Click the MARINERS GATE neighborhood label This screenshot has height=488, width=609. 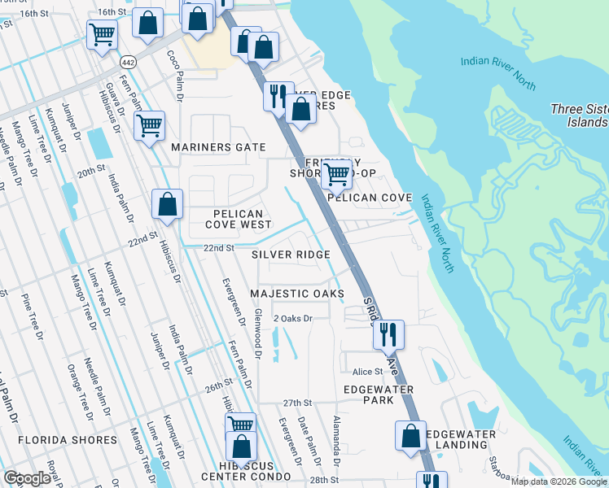pos(218,147)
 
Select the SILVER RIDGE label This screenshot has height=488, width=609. pos(291,255)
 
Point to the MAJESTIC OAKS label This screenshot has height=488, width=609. pos(296,293)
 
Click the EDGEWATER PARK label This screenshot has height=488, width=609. pos(379,394)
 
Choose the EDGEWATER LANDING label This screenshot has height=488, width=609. pos(461,440)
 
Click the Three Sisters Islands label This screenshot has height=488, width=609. pos(578,115)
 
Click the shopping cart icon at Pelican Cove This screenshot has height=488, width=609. pos(336,172)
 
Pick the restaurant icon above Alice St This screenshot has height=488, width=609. pos(388,333)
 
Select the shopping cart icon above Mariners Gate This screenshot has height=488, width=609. pos(150,125)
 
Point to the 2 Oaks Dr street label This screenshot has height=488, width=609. pos(293,318)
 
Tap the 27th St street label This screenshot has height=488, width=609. pos(297,403)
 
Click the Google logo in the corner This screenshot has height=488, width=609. pos(27,478)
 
